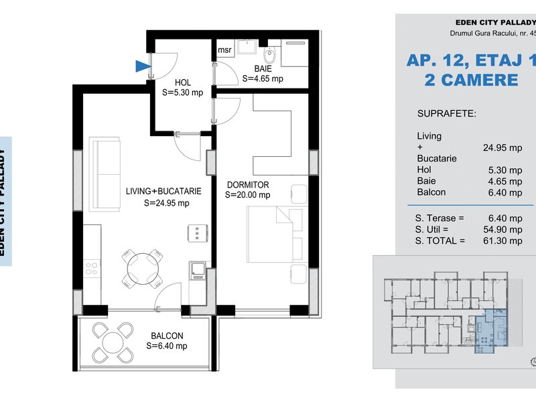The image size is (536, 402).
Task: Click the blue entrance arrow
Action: [143, 66]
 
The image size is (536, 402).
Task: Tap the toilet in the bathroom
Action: [270, 55]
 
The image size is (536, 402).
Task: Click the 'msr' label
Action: [224, 50]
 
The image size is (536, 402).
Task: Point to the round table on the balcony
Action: [113, 342]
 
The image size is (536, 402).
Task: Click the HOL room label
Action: [183, 82]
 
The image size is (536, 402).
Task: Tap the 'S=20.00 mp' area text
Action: [247, 195]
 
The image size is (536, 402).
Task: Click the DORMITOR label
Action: [248, 185]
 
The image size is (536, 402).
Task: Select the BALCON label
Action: [167, 336]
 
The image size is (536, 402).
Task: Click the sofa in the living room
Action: [105, 174]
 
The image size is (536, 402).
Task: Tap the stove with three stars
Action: [198, 233]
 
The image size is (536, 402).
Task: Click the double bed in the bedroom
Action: [275, 234]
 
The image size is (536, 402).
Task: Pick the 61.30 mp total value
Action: [503, 241]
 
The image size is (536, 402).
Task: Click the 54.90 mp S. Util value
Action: [503, 229]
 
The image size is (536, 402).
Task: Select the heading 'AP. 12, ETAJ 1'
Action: [472, 60]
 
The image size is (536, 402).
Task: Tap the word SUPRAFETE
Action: [446, 113]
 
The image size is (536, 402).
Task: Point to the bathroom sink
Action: [247, 46]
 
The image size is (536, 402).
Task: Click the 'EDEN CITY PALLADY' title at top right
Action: [496, 23]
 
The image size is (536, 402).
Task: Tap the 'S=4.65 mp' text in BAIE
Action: [263, 78]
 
